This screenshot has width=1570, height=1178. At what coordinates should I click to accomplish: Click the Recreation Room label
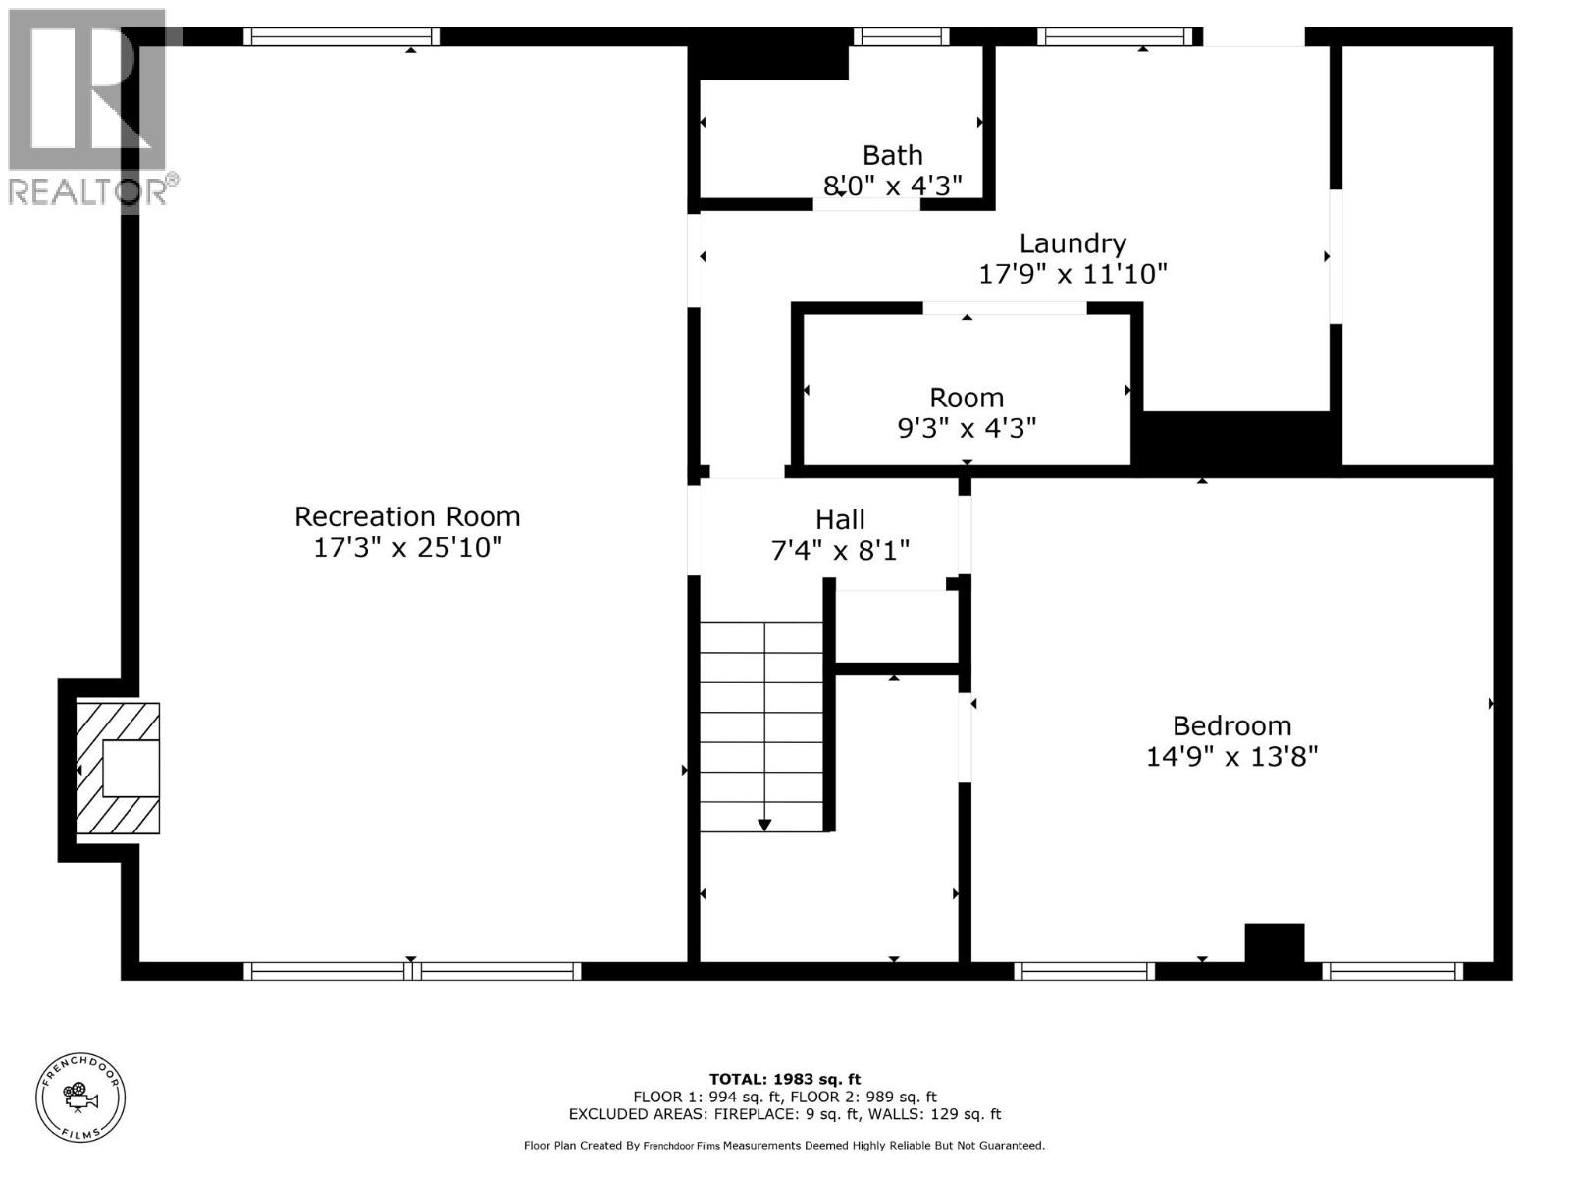407,516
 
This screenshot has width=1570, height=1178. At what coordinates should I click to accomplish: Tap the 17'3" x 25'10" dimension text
407,547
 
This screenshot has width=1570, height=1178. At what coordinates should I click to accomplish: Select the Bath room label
892,155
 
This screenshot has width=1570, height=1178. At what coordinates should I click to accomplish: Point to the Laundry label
1073,242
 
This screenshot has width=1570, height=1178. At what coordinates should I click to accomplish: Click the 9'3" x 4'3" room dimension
967,428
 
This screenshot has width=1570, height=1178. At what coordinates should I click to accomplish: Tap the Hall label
840,519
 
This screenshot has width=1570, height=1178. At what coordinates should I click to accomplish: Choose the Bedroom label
1231,725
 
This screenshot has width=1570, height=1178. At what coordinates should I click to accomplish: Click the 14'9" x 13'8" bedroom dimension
1231,756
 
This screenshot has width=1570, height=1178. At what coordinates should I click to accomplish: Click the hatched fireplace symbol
118,769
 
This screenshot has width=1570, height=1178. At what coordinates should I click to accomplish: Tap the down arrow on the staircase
763,825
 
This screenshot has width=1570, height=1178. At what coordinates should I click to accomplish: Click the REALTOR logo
88,108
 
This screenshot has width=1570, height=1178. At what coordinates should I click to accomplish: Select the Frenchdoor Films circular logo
80,1097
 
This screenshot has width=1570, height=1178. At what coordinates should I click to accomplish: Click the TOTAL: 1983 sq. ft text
785,1079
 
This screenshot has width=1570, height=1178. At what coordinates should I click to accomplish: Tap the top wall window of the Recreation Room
340,37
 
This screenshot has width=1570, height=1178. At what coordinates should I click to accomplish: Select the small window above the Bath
901,37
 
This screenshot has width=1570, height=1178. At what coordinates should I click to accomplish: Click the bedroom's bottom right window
1391,971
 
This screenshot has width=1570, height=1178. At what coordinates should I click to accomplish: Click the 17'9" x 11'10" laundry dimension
1073,273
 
